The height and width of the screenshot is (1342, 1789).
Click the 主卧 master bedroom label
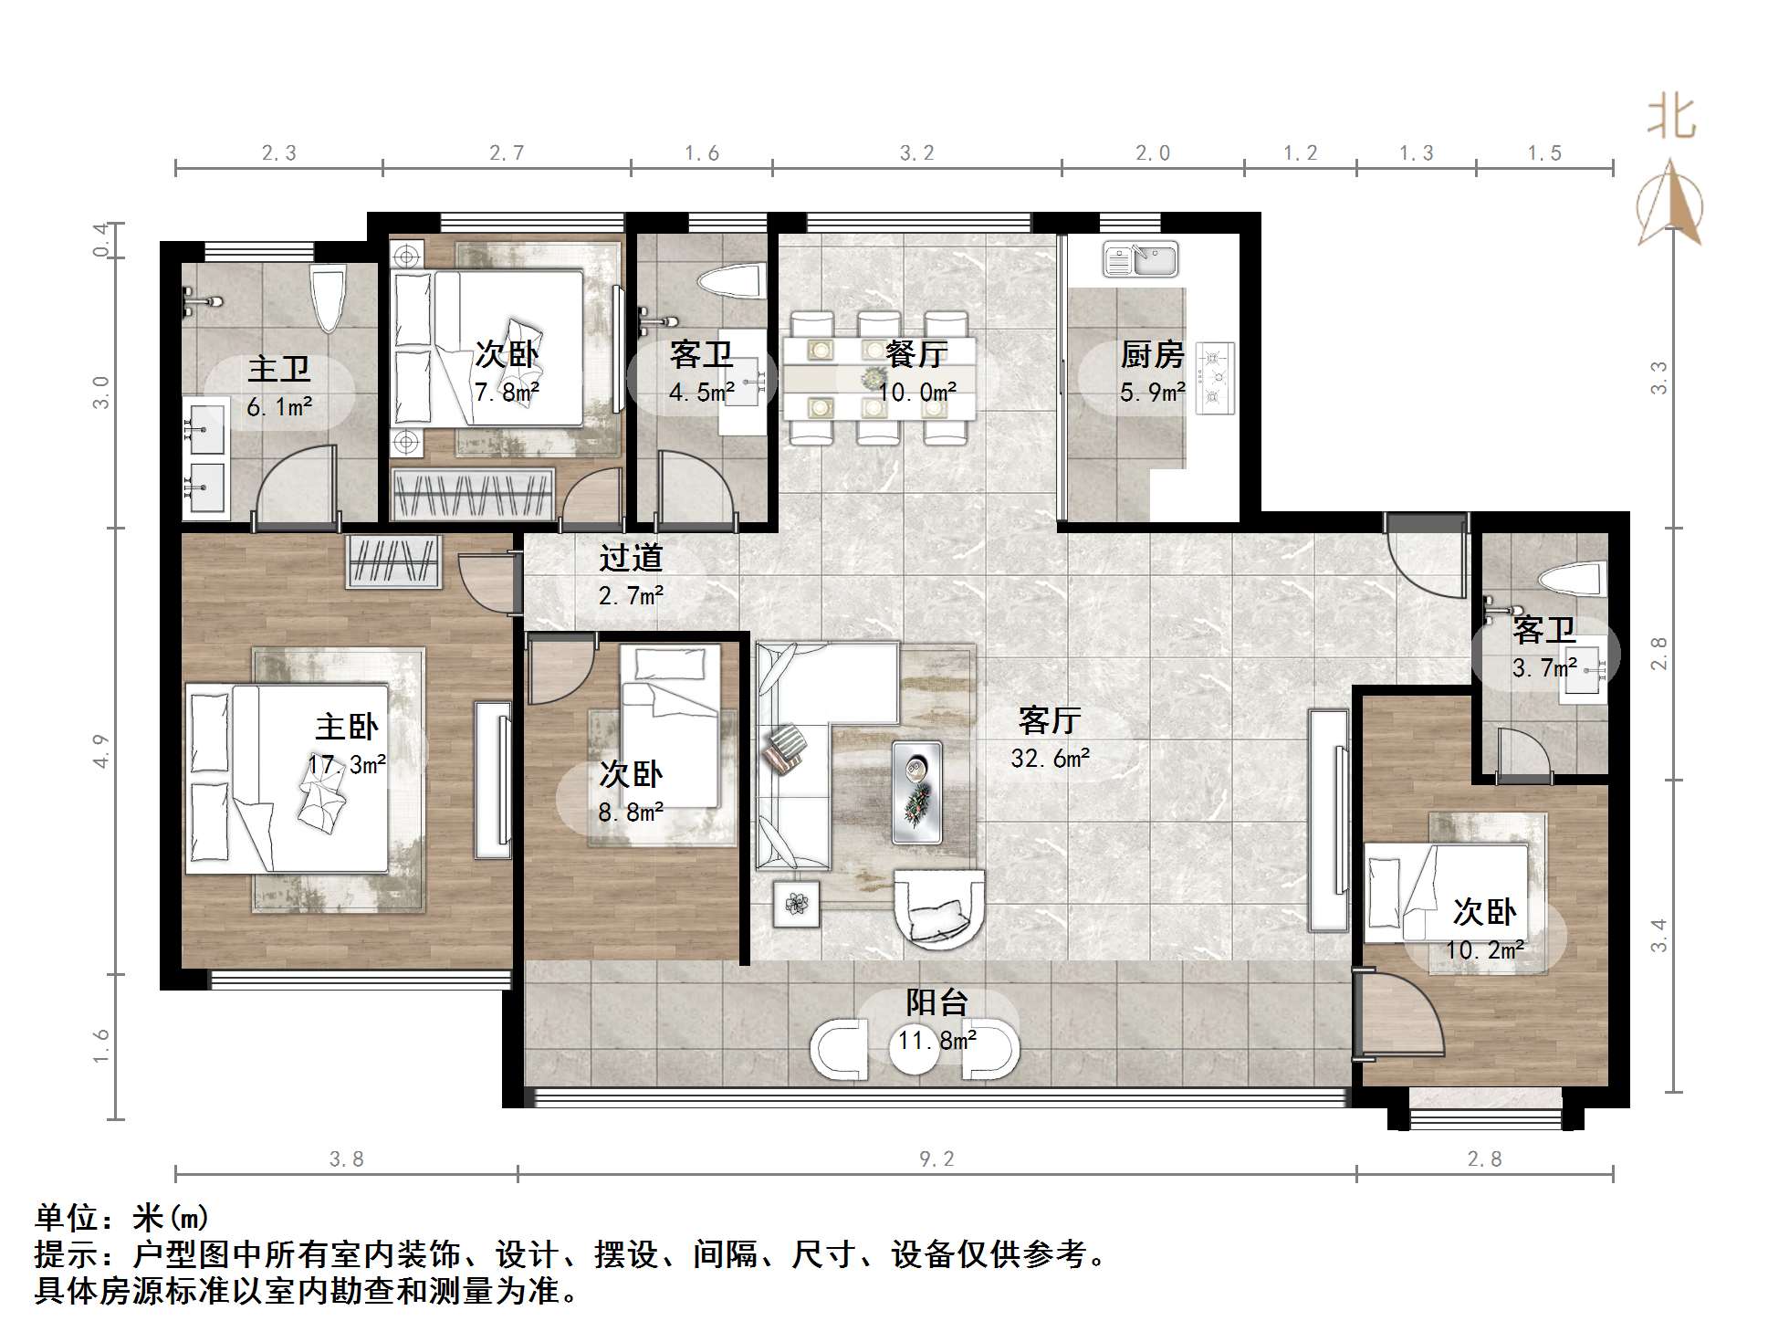click(346, 728)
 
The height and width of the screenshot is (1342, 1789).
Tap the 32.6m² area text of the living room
click(1050, 759)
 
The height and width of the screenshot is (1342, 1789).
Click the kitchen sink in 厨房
click(1140, 260)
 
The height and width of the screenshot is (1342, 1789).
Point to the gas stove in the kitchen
click(1215, 377)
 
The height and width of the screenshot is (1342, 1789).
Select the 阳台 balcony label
click(936, 1003)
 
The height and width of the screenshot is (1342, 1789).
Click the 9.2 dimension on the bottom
click(936, 1159)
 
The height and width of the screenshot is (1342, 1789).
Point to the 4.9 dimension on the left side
click(101, 750)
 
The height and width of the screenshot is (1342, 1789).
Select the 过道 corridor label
click(631, 558)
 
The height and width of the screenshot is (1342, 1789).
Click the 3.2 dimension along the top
click(916, 153)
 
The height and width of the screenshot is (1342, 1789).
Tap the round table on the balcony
click(915, 1050)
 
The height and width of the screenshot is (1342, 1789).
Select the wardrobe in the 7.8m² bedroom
click(473, 495)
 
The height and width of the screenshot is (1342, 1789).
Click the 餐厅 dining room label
click(916, 354)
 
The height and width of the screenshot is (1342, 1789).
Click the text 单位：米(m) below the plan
click(122, 1217)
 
